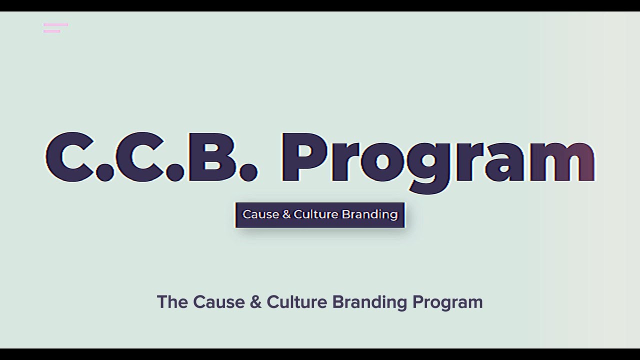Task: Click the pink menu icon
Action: click(55, 28)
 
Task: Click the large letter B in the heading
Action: click(210, 157)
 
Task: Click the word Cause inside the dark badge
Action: click(260, 214)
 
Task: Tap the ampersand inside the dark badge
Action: click(286, 214)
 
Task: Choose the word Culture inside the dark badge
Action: click(316, 214)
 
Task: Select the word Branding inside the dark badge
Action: click(369, 214)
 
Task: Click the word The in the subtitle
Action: click(172, 302)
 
